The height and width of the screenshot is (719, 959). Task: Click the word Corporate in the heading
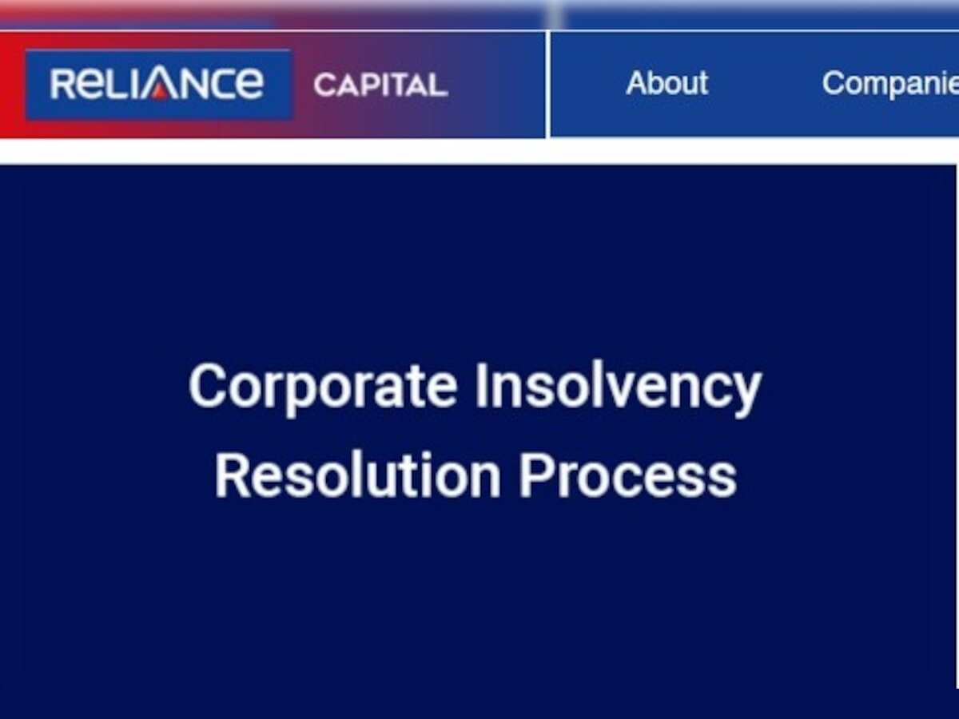[x=322, y=387]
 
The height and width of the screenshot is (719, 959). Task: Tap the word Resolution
[x=356, y=476]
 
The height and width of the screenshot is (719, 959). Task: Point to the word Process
[x=627, y=476]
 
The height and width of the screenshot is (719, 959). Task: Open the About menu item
[x=667, y=83]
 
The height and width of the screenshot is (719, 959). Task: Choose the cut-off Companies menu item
[x=889, y=83]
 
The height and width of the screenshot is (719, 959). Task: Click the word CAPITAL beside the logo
[x=380, y=85]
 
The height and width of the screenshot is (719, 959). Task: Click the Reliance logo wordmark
[x=157, y=84]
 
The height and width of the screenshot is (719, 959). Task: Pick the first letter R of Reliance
[x=62, y=84]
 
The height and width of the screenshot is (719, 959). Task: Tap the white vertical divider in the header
[x=547, y=84]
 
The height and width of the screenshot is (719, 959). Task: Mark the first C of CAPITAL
[x=324, y=85]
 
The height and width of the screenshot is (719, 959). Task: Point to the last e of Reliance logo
[x=249, y=85]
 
